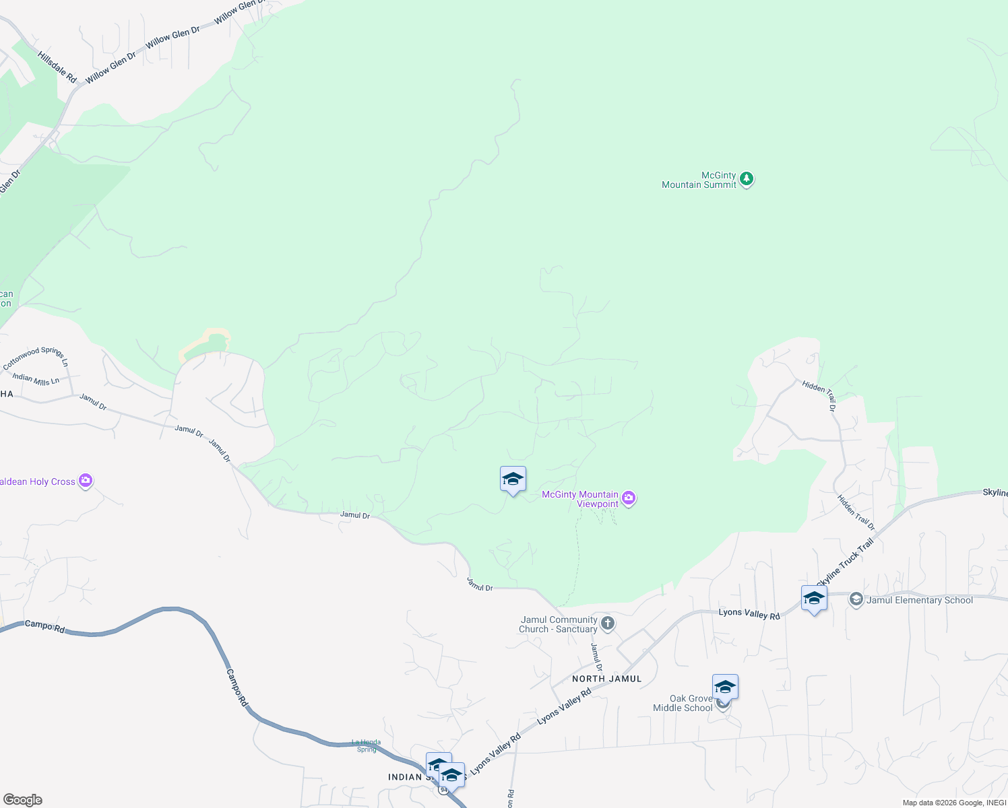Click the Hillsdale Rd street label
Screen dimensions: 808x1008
click(57, 67)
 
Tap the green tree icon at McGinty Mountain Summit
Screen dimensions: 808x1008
click(746, 179)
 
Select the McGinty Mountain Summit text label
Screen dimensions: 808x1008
click(699, 180)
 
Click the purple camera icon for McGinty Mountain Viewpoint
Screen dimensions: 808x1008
click(629, 498)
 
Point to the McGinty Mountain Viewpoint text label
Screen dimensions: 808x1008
click(580, 499)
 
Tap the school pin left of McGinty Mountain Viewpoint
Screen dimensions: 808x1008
click(513, 480)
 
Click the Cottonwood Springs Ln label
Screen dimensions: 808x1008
click(36, 357)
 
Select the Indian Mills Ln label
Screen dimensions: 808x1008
click(36, 379)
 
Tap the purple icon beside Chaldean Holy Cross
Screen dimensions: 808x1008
click(86, 481)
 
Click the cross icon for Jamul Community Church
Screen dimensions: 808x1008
click(608, 624)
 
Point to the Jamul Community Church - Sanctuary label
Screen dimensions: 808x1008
click(559, 624)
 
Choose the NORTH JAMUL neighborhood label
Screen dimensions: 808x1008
click(606, 679)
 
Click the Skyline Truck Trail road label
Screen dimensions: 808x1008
click(845, 562)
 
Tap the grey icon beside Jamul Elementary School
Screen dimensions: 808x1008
click(856, 599)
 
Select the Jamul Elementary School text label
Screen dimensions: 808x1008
click(919, 600)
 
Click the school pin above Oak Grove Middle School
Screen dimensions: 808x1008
click(725, 687)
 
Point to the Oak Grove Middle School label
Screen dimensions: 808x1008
click(683, 703)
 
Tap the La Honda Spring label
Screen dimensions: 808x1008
click(367, 745)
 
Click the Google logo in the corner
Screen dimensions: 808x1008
click(22, 800)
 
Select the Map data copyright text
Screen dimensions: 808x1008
click(954, 803)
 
